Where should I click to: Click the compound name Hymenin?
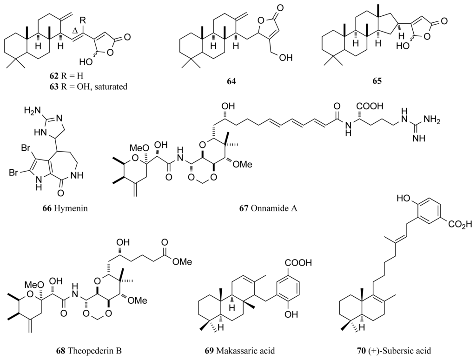[73, 208]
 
